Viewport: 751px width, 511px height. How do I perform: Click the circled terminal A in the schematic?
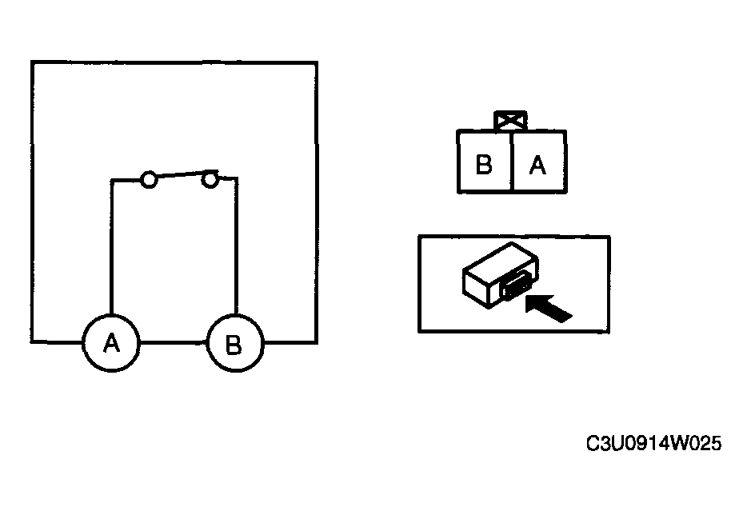click(111, 343)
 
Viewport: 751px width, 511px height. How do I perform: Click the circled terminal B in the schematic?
click(234, 343)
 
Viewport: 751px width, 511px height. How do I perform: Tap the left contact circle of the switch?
click(149, 180)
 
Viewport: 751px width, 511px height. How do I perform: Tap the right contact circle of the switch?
click(210, 179)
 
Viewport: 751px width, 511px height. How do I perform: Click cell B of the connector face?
click(485, 162)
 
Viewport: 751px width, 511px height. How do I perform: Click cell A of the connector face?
click(539, 162)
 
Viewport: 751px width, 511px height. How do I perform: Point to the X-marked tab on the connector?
click(510, 120)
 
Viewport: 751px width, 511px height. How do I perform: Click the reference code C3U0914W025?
click(653, 443)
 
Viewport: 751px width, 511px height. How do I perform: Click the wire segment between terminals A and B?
click(173, 342)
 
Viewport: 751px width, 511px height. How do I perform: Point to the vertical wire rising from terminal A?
click(111, 246)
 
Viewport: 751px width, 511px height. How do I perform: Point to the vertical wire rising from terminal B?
click(236, 246)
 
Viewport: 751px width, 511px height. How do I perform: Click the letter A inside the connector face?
click(537, 166)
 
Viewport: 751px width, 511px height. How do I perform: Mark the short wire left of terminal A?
click(57, 342)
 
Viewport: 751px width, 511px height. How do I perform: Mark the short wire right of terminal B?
click(290, 342)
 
